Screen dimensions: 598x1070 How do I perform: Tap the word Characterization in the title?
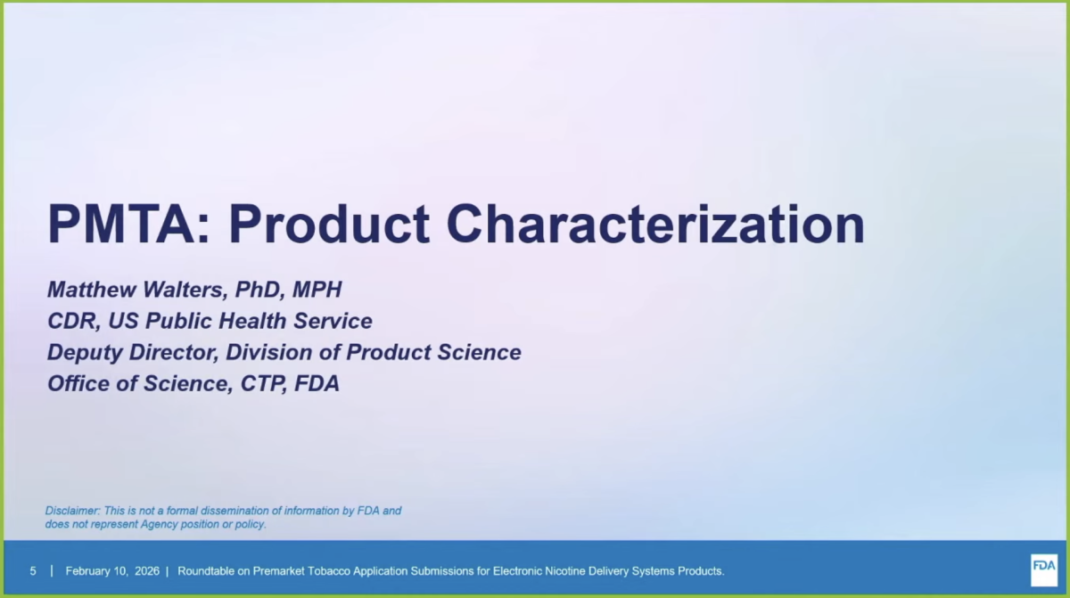pyautogui.click(x=655, y=225)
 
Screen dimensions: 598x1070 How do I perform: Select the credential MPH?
pyautogui.click(x=318, y=290)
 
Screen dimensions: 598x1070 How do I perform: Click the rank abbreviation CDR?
pyautogui.click(x=71, y=321)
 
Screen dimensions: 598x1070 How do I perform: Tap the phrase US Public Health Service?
pyautogui.click(x=240, y=321)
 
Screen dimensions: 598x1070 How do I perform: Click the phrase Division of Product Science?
pyautogui.click(x=374, y=352)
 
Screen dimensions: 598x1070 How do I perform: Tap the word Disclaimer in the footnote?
pyautogui.click(x=72, y=511)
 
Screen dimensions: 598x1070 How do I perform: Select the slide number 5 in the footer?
pyautogui.click(x=33, y=570)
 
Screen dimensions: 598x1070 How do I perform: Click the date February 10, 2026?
pyautogui.click(x=111, y=570)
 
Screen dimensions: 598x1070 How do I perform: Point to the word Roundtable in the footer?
pyautogui.click(x=209, y=570)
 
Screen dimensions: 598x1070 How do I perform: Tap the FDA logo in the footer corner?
pyautogui.click(x=1043, y=569)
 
